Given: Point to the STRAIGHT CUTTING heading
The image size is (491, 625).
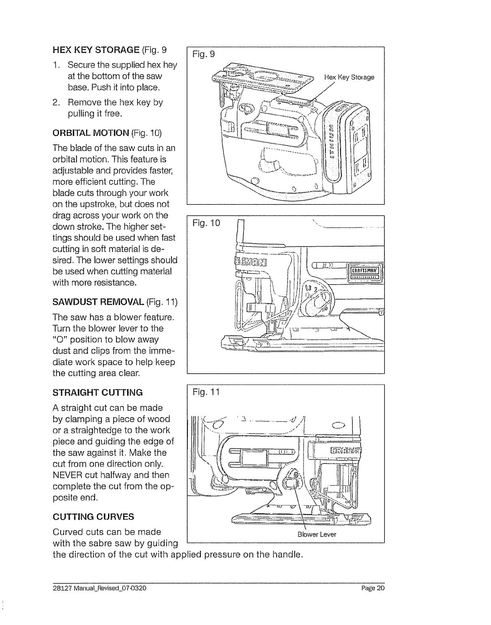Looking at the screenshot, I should pos(97,393).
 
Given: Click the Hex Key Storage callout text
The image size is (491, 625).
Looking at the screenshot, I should pos(349,77).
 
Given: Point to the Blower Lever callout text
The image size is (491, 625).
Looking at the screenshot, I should pos(317,535).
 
